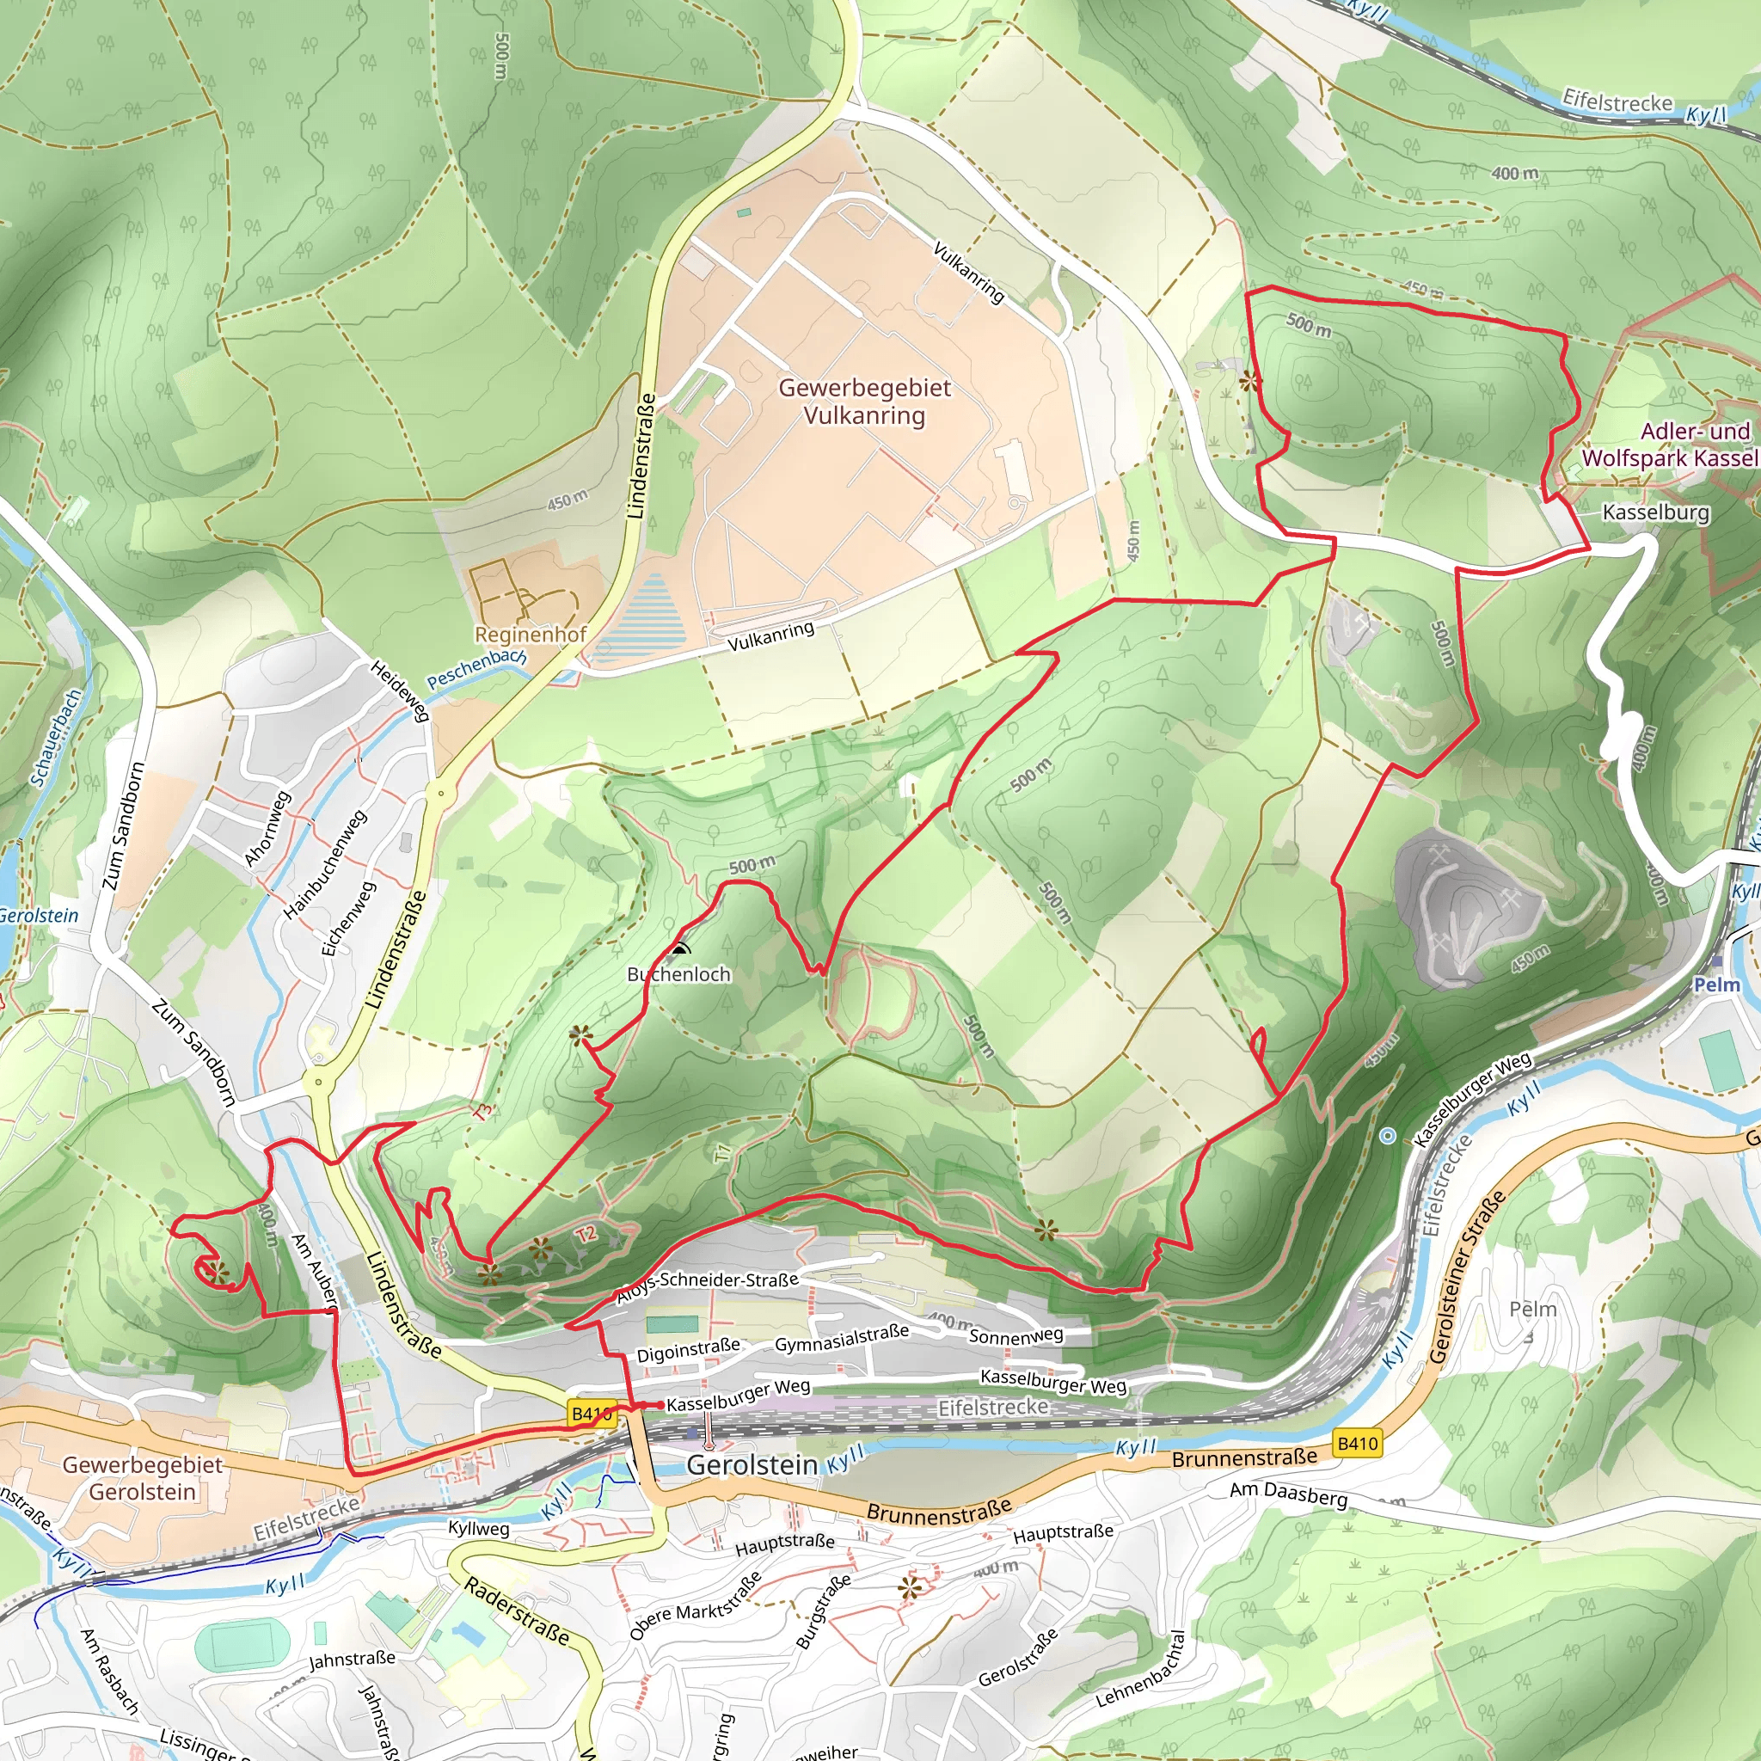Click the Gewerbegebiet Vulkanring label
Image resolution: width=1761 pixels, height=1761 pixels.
(x=864, y=401)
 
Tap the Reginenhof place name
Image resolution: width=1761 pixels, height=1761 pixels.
(x=530, y=635)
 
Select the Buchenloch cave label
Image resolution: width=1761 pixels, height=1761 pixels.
(x=679, y=974)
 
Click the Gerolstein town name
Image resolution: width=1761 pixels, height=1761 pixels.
(x=752, y=1464)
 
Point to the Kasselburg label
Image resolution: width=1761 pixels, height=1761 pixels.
(x=1655, y=512)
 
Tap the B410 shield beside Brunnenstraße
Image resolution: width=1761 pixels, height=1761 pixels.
(x=1356, y=1443)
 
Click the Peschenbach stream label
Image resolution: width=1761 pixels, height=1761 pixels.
(x=476, y=668)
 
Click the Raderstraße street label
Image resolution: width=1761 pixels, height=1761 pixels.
(x=517, y=1611)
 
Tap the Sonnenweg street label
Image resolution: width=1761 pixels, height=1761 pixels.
(x=1015, y=1336)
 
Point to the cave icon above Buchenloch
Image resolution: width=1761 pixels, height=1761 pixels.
(x=679, y=949)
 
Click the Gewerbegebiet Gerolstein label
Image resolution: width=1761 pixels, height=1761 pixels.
(x=142, y=1477)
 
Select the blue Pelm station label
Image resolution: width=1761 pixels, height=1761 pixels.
(x=1716, y=985)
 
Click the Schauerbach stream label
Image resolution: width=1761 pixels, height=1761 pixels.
(x=57, y=738)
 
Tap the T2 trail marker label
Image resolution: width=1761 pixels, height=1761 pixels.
(x=586, y=1234)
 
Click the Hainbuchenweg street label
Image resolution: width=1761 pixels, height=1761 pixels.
(x=324, y=864)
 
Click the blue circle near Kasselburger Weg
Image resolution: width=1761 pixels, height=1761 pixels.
(x=1387, y=1136)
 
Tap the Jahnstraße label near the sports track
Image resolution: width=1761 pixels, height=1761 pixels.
(x=352, y=1659)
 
